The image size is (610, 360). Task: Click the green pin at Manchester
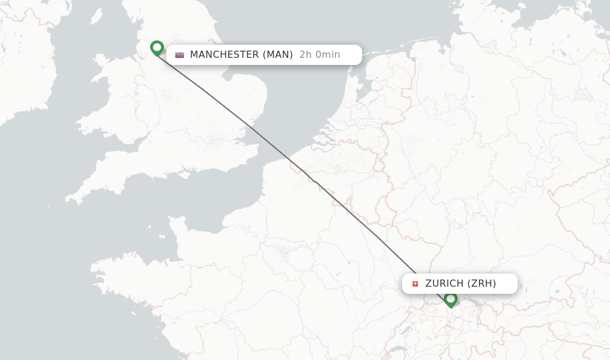point(157,48)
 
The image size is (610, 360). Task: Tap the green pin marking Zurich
point(451,299)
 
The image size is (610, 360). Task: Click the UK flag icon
point(179,55)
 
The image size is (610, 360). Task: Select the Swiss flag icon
point(415,284)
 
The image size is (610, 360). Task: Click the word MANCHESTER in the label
point(224,55)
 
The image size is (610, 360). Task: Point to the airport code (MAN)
point(278,55)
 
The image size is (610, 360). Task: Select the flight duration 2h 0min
point(320,55)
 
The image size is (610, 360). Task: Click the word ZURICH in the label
point(444,284)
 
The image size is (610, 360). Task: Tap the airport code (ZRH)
point(482,284)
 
